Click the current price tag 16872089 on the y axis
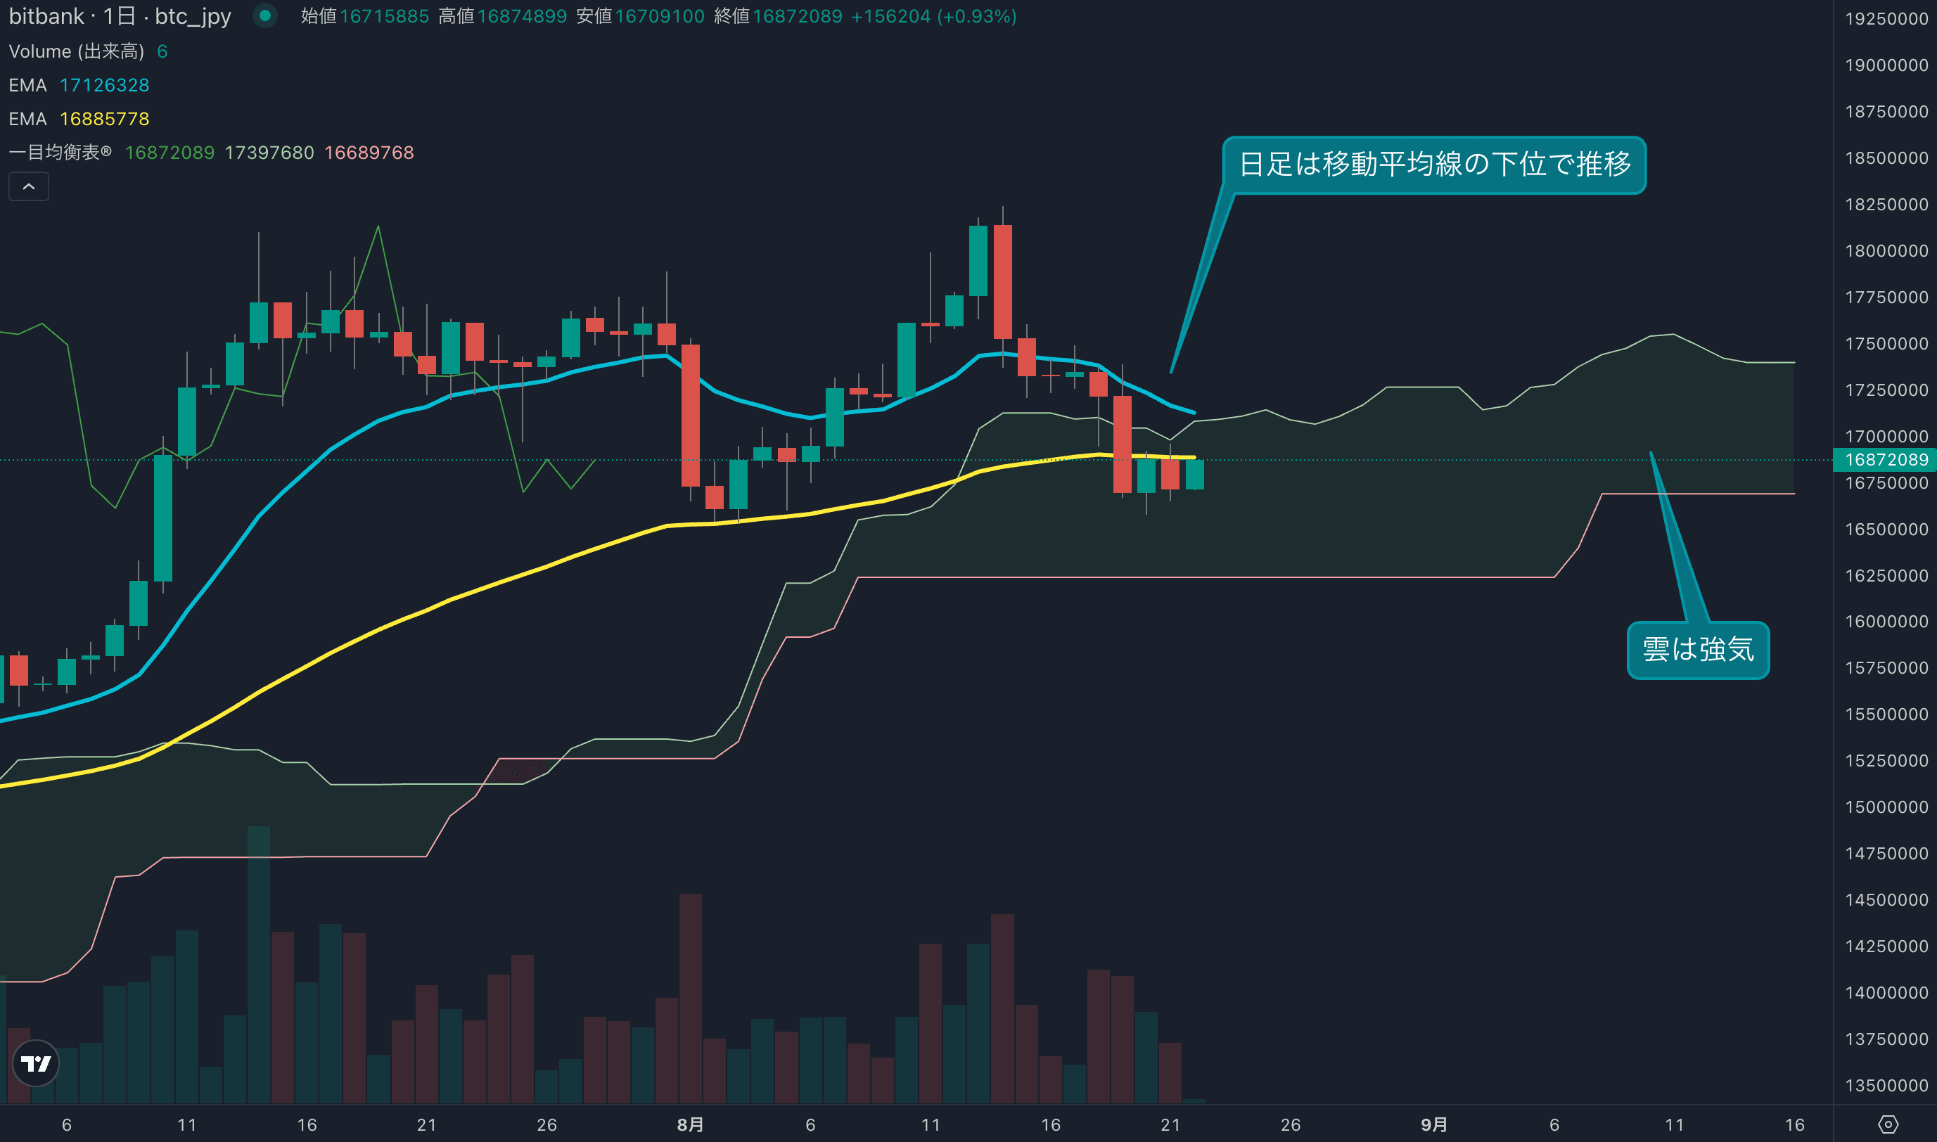[x=1886, y=459]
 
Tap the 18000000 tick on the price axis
[x=1886, y=251]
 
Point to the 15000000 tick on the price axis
[x=1886, y=807]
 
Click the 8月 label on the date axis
[x=690, y=1125]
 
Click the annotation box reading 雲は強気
[x=1698, y=650]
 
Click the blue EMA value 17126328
[x=105, y=85]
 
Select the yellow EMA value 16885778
[x=105, y=120]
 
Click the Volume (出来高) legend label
[x=76, y=51]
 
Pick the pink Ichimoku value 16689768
[x=369, y=153]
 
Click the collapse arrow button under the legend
[x=28, y=186]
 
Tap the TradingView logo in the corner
[x=36, y=1063]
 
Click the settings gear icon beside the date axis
[x=1888, y=1125]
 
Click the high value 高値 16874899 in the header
[x=502, y=16]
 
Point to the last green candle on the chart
[x=1194, y=474]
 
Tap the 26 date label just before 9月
[x=1291, y=1125]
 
